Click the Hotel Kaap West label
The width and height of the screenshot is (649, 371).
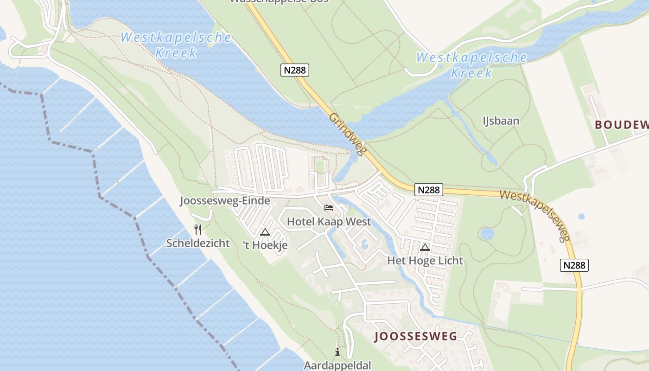[x=329, y=222]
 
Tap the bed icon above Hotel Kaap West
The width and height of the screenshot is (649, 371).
[x=329, y=208]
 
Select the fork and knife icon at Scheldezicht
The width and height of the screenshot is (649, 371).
[x=198, y=229]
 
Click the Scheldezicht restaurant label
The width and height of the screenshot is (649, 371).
[x=198, y=243]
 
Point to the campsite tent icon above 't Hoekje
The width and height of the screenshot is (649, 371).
[x=265, y=232]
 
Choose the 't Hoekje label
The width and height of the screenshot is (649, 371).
[x=266, y=245]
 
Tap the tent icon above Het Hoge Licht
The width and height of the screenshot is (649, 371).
[x=425, y=247]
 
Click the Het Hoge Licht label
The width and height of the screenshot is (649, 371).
[x=425, y=261]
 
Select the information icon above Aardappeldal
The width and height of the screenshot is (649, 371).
[x=337, y=352]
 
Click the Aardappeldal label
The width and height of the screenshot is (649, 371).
[x=337, y=365]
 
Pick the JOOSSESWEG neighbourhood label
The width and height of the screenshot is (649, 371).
[x=416, y=336]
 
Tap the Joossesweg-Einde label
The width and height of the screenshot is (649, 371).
[x=225, y=201]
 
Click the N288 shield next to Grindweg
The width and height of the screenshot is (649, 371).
[x=295, y=70]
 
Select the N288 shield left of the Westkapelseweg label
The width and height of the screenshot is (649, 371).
[x=429, y=190]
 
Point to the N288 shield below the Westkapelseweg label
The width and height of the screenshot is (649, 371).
[x=575, y=265]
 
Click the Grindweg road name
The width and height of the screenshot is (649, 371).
[x=348, y=134]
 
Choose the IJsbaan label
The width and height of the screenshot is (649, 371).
[x=501, y=121]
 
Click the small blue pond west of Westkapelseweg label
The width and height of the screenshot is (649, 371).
[x=487, y=233]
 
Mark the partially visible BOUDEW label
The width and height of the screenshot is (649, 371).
[x=621, y=125]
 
